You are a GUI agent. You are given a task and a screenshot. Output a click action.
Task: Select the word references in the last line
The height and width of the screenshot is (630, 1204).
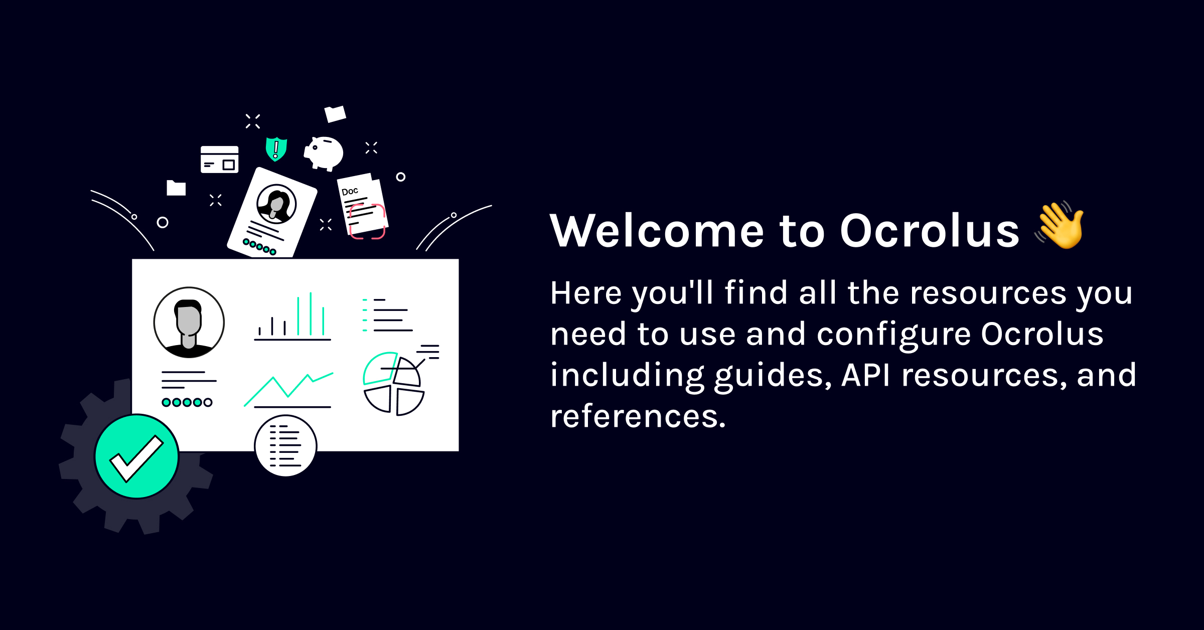[638, 416]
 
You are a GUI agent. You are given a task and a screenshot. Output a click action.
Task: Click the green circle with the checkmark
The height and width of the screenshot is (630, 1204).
[136, 456]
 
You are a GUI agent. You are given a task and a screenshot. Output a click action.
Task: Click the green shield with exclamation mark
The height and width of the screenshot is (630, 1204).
[276, 149]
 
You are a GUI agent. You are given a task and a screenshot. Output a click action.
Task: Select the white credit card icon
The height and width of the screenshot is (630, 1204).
[219, 160]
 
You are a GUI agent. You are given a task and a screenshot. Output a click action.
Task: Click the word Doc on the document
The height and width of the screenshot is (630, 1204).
[350, 191]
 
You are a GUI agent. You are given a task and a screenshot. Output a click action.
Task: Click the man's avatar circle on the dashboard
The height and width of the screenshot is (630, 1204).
[189, 323]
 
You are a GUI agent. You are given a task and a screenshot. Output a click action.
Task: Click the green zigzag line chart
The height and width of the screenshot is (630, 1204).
[288, 389]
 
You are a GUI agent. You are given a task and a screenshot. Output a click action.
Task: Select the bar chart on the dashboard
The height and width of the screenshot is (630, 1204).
[292, 317]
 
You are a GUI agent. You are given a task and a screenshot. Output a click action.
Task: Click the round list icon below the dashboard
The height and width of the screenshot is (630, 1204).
[285, 445]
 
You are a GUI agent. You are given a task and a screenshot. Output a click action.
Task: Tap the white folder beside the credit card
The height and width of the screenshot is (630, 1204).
[176, 188]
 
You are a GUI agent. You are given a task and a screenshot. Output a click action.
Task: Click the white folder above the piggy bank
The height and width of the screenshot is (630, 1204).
[335, 114]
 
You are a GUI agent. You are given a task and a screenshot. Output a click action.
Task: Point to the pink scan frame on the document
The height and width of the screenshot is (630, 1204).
[367, 221]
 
